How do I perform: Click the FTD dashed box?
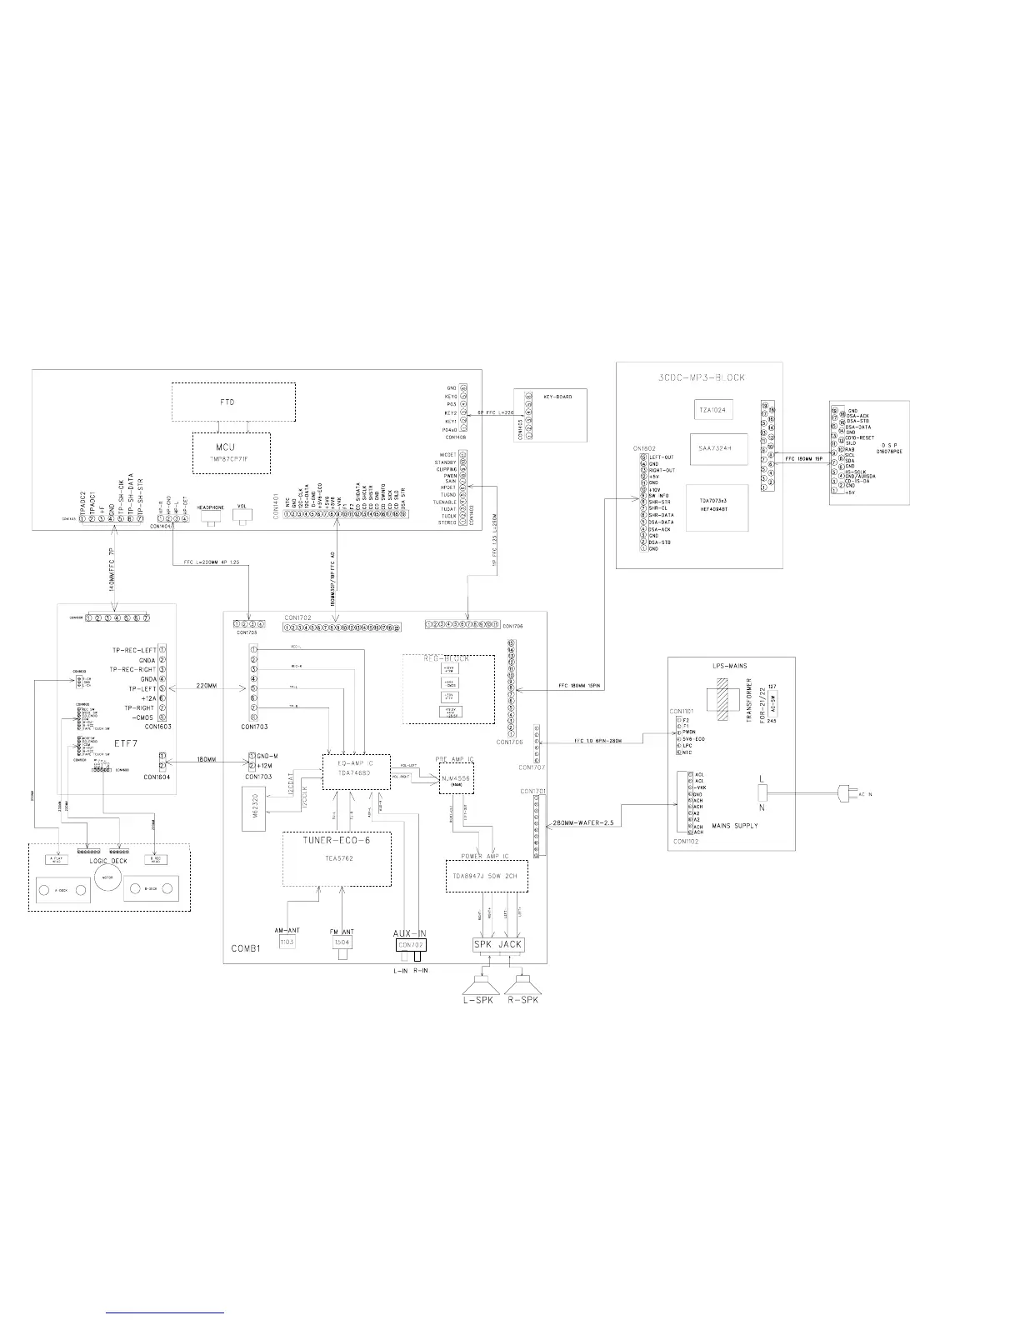[233, 403]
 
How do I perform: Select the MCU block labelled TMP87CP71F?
[232, 452]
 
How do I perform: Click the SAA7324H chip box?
[718, 447]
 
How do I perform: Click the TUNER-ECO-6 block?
[337, 858]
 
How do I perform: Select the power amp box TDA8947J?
[487, 876]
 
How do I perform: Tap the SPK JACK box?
[498, 944]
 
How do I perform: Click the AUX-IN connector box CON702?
[411, 945]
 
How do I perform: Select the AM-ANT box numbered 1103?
[287, 941]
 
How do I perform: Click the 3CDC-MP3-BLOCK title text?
[698, 377]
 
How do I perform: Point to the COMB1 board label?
[247, 949]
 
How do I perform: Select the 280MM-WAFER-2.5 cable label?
[583, 823]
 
